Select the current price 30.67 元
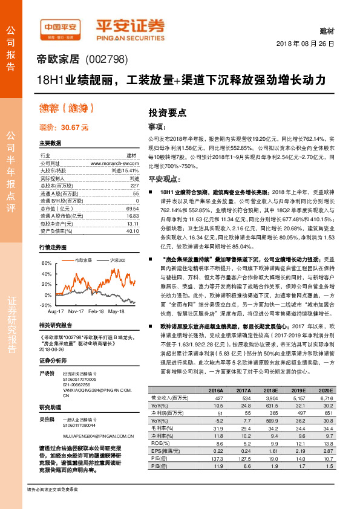click(x=64, y=128)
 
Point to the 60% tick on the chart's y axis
click(x=47, y=264)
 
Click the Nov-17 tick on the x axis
click(x=76, y=311)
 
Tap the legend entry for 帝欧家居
click(x=82, y=260)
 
